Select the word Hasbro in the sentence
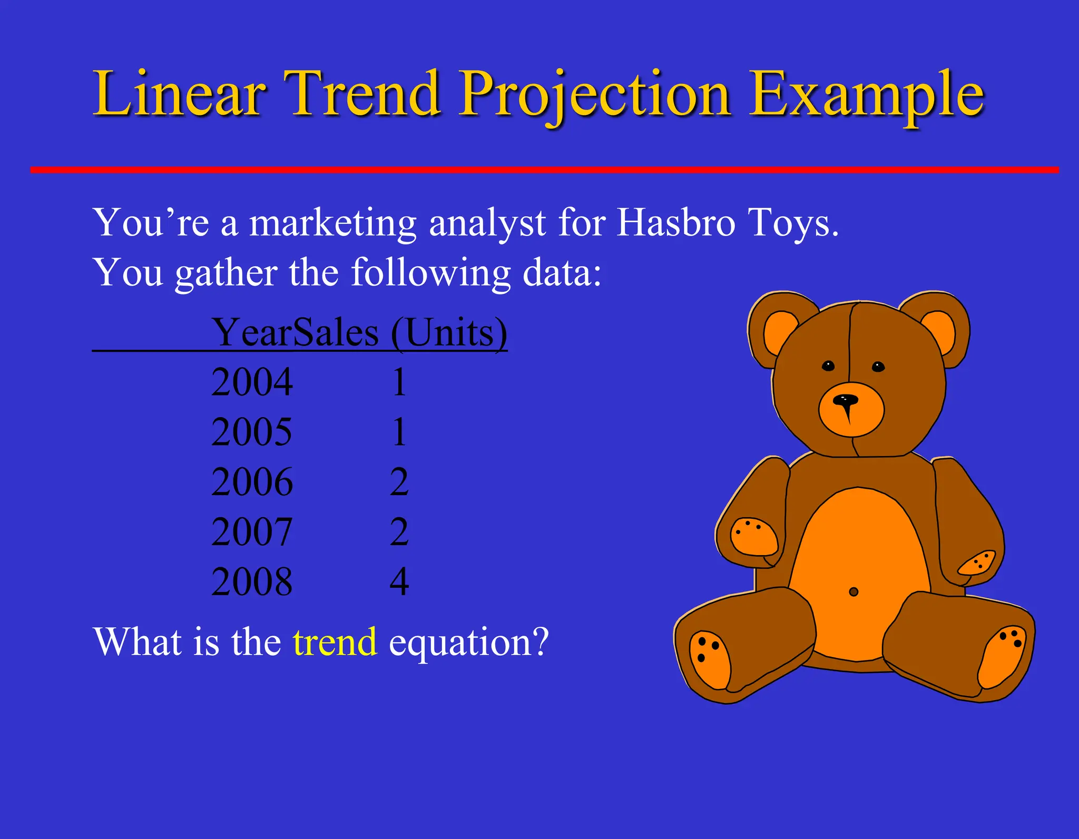(675, 223)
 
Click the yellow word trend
(335, 642)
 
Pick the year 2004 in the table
(252, 382)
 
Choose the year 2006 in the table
(252, 482)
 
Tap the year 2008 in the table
(252, 582)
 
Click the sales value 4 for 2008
(399, 582)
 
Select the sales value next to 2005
(399, 432)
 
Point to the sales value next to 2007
(399, 532)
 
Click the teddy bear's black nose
(845, 400)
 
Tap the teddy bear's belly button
(854, 592)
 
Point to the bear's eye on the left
(828, 366)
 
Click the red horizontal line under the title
(543, 170)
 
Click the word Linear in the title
(179, 95)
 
